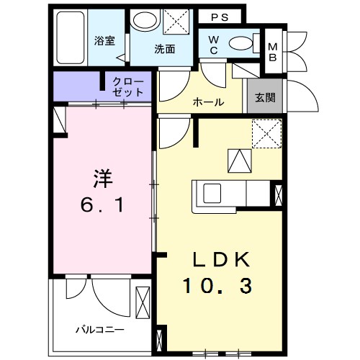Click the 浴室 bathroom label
(x=106, y=41)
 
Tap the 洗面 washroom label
(x=164, y=50)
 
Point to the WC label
(x=215, y=44)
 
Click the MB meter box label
(x=273, y=51)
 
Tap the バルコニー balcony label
(x=100, y=329)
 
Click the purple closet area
(x=79, y=87)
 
